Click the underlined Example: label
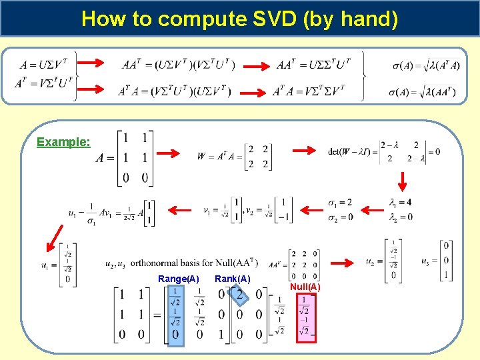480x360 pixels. click(x=63, y=142)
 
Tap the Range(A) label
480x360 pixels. click(x=178, y=279)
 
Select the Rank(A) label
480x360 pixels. click(x=233, y=279)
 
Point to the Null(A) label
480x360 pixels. click(x=305, y=287)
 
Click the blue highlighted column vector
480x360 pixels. click(x=175, y=315)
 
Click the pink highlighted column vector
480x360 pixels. click(x=305, y=317)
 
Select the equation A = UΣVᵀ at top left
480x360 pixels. click(x=42, y=65)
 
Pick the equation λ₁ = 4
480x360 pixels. click(x=400, y=203)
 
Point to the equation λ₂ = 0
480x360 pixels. click(x=400, y=217)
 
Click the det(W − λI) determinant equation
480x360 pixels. click(x=383, y=152)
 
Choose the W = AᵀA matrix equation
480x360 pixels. click(x=233, y=157)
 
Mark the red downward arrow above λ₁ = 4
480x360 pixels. click(x=402, y=180)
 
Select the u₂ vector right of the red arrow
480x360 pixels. click(x=387, y=260)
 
